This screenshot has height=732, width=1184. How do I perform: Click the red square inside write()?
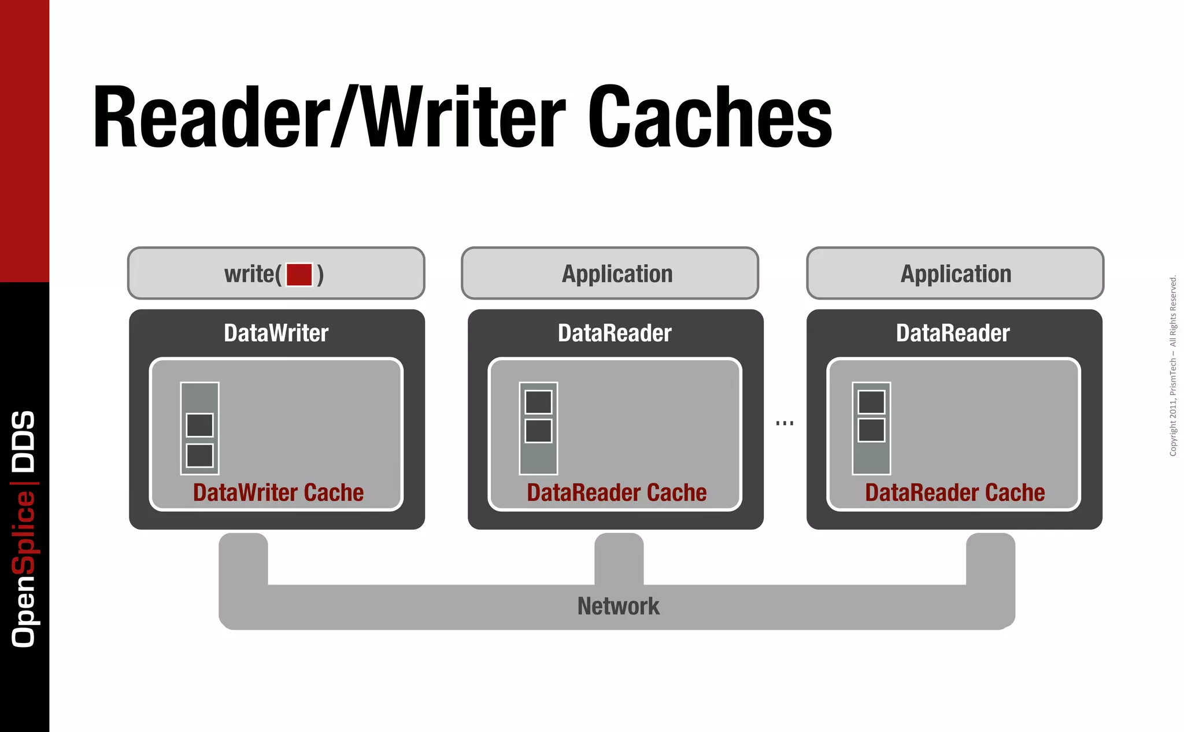pyautogui.click(x=299, y=274)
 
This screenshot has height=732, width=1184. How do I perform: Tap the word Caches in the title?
pyautogui.click(x=709, y=117)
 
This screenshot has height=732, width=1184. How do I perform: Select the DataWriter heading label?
pyautogui.click(x=276, y=333)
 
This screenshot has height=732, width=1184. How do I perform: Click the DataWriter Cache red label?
pyautogui.click(x=278, y=493)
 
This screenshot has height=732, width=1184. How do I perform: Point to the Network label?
pyautogui.click(x=618, y=606)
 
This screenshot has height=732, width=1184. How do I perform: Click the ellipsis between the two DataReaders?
pyautogui.click(x=785, y=423)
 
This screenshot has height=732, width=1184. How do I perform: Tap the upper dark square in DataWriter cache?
pyautogui.click(x=199, y=425)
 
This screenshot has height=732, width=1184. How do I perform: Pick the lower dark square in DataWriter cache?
pyautogui.click(x=199, y=455)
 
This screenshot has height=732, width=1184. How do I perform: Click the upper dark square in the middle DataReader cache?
pyautogui.click(x=538, y=402)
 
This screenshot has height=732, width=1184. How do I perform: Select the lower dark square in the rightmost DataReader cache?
pyautogui.click(x=871, y=430)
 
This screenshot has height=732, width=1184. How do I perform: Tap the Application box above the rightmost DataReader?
pyautogui.click(x=955, y=273)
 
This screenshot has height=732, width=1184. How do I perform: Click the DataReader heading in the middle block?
pyautogui.click(x=615, y=333)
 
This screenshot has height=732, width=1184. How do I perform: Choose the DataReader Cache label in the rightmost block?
pyautogui.click(x=954, y=493)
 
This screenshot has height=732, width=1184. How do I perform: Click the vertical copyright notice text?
pyautogui.click(x=1172, y=365)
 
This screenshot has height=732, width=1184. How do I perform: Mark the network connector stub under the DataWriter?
pyautogui.click(x=243, y=558)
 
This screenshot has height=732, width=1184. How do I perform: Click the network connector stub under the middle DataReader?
pyautogui.click(x=619, y=558)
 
